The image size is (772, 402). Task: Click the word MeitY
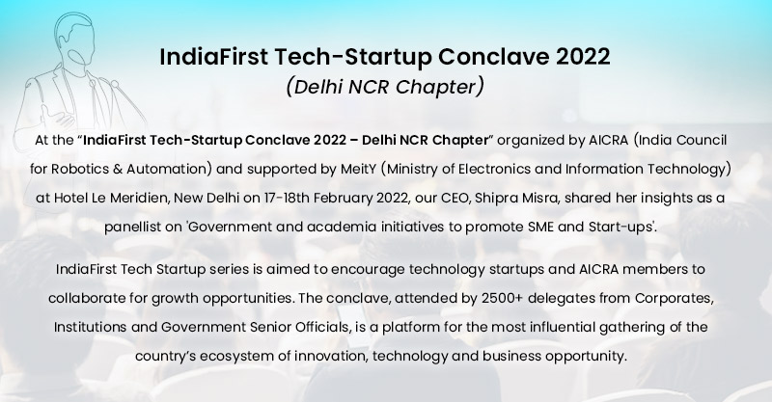point(358,170)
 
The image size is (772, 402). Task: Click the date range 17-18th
point(287,198)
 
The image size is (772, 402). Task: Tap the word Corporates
point(674,298)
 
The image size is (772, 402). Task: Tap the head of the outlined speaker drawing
point(75,40)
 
